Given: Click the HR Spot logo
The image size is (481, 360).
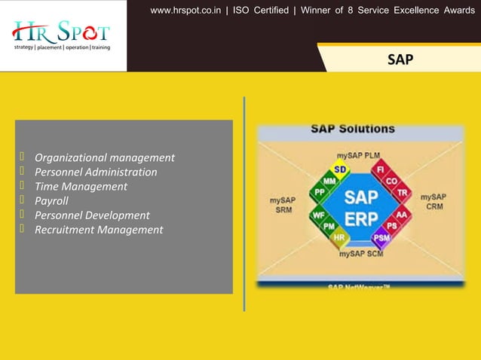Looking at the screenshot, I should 62,35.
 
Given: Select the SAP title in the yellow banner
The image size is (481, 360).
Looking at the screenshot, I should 400,59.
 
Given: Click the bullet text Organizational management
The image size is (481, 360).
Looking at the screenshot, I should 105,157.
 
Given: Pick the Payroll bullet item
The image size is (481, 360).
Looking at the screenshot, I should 51,200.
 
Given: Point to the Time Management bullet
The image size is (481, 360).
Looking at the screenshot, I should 81,186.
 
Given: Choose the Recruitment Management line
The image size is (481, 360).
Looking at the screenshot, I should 99,229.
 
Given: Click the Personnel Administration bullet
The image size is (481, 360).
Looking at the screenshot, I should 96,172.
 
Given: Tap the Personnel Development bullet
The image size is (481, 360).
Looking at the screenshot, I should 92,215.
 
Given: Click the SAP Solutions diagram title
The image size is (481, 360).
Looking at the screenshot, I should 353,130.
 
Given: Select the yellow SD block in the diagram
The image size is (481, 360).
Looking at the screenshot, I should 340,169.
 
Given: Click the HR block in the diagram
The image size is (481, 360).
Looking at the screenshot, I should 339,236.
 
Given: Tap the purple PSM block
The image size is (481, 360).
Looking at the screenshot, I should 381,237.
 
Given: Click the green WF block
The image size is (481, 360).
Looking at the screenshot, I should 319,215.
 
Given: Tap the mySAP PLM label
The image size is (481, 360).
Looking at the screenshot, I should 358,155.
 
